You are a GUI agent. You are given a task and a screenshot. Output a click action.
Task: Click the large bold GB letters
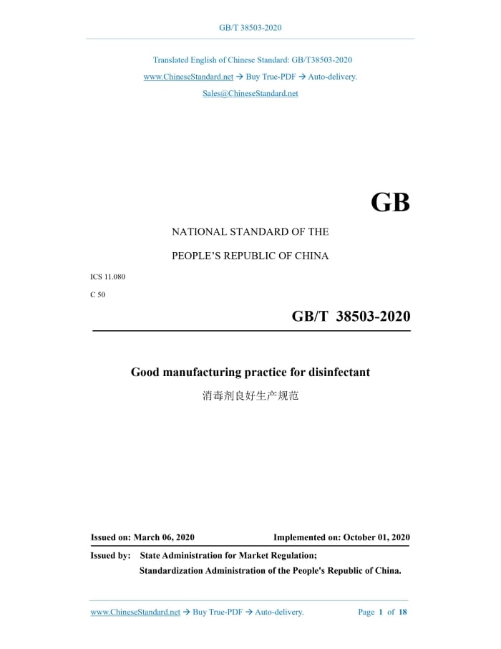390,203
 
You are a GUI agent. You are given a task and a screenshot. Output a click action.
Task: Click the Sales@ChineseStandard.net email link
250,94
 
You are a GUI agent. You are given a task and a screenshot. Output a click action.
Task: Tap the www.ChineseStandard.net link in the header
188,77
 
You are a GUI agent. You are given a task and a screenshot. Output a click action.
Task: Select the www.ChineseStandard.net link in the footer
135,612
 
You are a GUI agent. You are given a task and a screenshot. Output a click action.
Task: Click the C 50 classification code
98,294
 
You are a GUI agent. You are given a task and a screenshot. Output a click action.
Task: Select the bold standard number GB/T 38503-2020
351,316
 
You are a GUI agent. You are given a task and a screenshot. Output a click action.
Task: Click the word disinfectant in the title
339,372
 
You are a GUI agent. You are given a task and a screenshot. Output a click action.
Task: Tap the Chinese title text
250,395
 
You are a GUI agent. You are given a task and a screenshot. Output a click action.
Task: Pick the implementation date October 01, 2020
376,537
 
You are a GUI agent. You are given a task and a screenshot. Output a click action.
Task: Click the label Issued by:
110,555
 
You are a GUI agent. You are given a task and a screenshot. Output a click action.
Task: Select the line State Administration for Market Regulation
228,555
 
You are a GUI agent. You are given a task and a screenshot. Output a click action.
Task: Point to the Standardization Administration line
270,571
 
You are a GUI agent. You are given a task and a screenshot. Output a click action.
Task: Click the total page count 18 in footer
403,612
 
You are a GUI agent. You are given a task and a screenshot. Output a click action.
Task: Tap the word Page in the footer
366,612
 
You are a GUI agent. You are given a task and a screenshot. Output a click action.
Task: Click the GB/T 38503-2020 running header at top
250,28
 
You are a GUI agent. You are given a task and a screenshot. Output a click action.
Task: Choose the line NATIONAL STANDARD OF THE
250,232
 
